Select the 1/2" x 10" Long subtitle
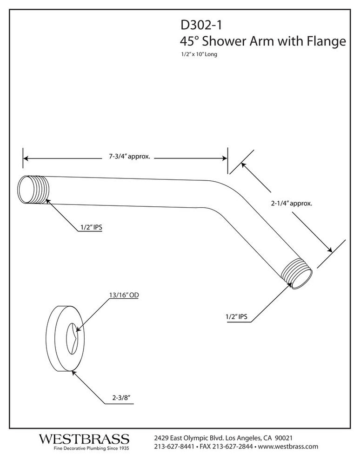tap(199, 54)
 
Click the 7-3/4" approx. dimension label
tap(126, 158)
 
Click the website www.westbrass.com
tap(288, 447)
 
